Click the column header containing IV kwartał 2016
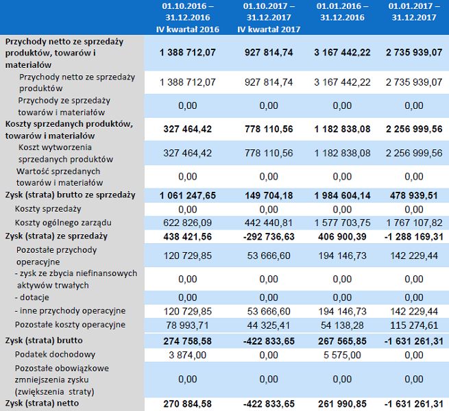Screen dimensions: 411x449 (x=186, y=17)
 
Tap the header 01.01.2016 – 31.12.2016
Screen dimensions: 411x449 (x=342, y=12)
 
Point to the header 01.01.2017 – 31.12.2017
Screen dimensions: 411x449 (x=412, y=12)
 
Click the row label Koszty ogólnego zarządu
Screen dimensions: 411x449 (x=63, y=223)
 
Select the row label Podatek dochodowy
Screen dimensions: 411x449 (x=55, y=354)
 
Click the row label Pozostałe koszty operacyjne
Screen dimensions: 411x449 (x=70, y=324)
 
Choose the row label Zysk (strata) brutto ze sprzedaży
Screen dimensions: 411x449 (x=70, y=195)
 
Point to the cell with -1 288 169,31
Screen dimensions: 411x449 (x=412, y=236)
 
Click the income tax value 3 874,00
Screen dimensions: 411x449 (x=186, y=354)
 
